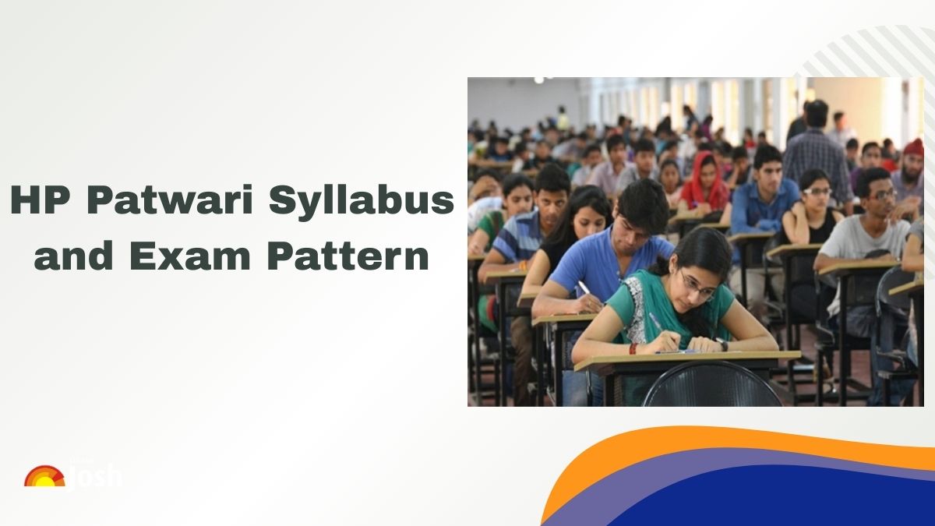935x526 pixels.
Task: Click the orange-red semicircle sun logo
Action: [44, 476]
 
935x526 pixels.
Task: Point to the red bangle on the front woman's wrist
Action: [633, 348]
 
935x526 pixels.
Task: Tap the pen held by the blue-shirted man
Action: [584, 289]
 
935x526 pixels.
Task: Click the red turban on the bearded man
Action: [914, 147]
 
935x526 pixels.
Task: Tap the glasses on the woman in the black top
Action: [815, 192]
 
